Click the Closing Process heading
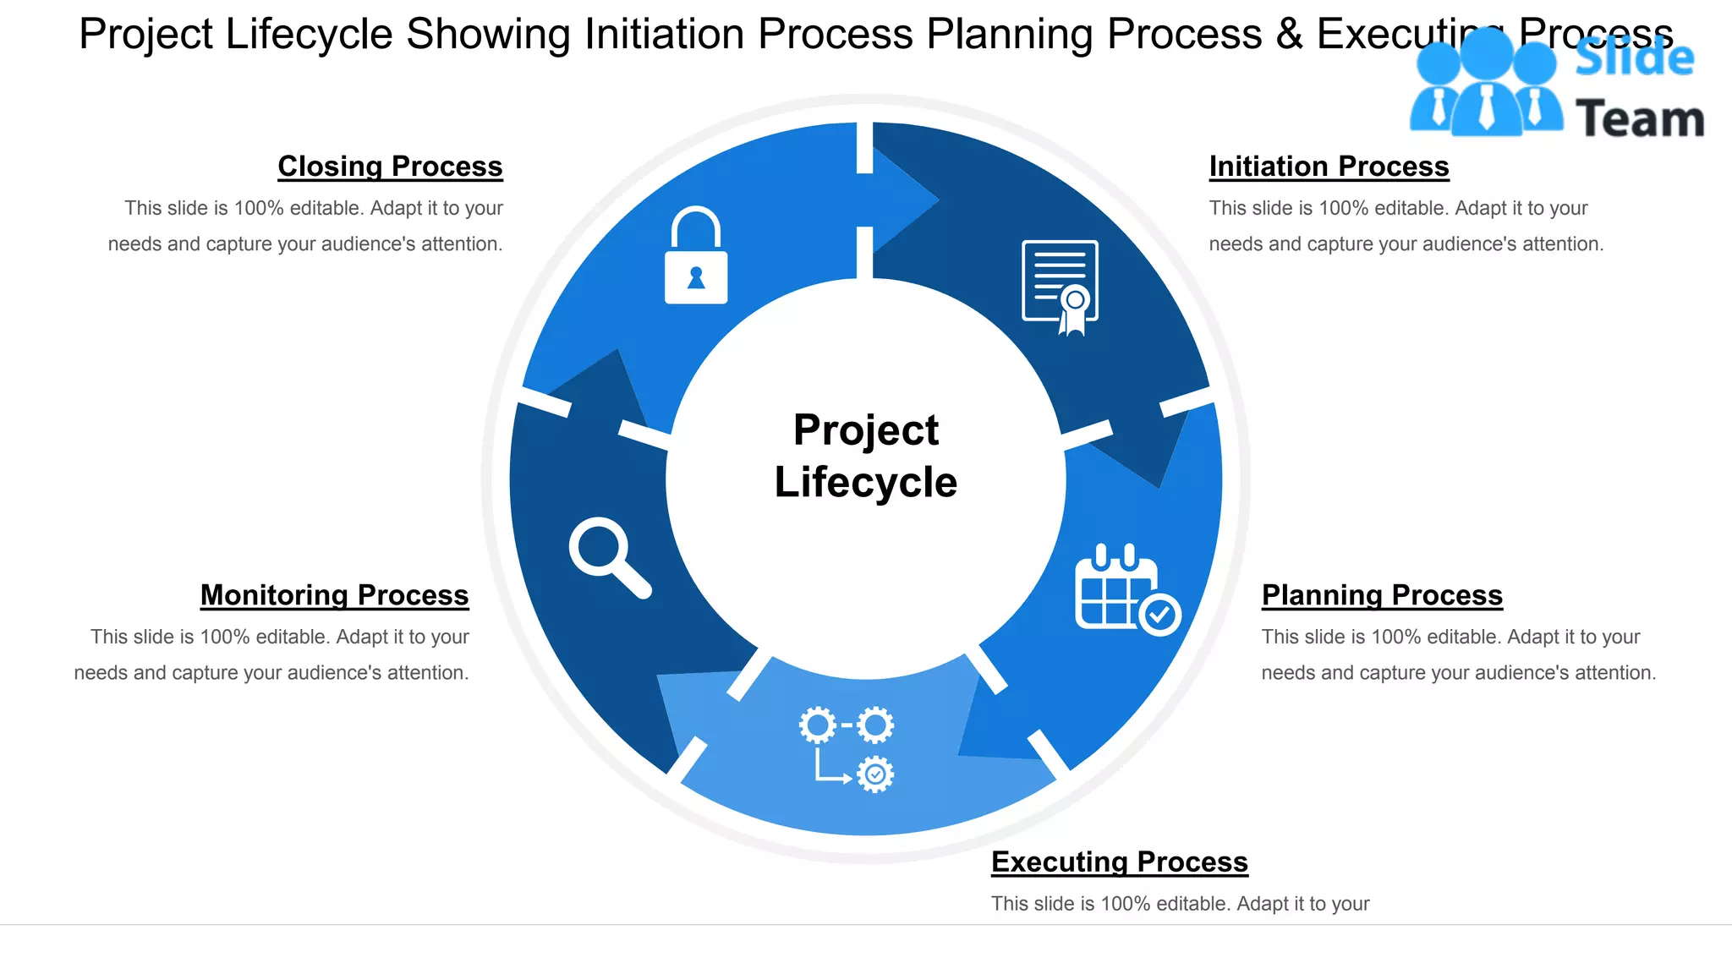coord(390,167)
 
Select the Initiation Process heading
coord(1329,167)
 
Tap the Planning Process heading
coord(1382,595)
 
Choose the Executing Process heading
coord(1119,862)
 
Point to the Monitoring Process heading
coord(334,595)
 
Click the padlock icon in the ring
coord(696,255)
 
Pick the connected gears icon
coord(847,749)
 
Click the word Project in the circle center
coord(865,430)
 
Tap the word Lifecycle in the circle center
coord(865,482)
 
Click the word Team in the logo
coord(1639,118)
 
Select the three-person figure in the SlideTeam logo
coord(1486,85)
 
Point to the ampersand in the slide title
coord(1289,35)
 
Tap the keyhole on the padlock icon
coord(696,277)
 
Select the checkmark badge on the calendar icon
coord(1159,614)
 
